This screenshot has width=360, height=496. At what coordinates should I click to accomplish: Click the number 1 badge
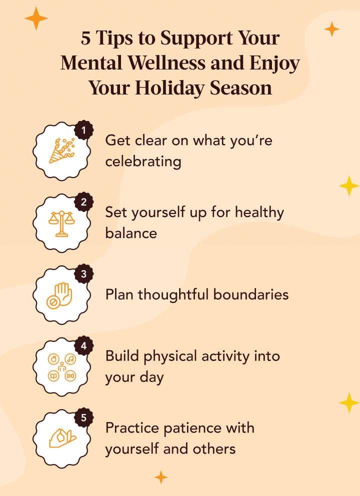84,129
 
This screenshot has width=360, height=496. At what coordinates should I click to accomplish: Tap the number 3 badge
84,273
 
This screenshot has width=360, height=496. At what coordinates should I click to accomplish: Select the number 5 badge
84,417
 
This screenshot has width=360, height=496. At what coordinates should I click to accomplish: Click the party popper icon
62,151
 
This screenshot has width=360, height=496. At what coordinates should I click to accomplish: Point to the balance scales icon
61,223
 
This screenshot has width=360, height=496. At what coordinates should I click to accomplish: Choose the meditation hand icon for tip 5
62,438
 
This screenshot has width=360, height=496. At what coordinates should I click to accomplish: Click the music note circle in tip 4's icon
70,359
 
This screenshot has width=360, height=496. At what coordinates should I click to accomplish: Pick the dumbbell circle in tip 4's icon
70,376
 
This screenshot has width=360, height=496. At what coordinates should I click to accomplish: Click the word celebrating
143,162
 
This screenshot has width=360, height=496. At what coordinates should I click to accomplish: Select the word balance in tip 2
131,233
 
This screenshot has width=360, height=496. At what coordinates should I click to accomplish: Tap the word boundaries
251,294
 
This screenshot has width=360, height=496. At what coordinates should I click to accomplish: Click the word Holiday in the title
169,88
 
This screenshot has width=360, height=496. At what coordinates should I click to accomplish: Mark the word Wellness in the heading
166,62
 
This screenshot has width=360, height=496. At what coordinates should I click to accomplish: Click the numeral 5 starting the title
85,38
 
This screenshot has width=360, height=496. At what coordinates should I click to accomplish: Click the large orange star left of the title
36,18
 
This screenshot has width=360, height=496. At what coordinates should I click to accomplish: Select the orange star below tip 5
161,477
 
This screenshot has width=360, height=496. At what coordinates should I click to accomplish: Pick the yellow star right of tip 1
349,185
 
